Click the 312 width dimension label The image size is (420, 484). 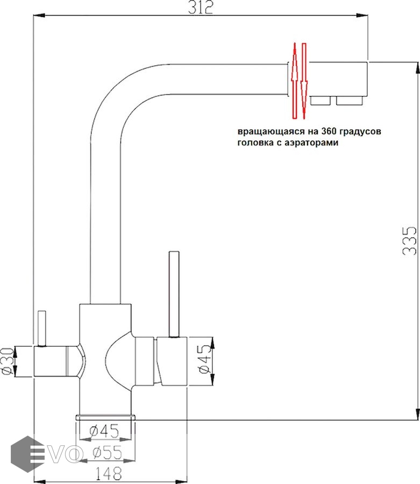[200, 8]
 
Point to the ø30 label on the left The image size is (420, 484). [7, 361]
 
